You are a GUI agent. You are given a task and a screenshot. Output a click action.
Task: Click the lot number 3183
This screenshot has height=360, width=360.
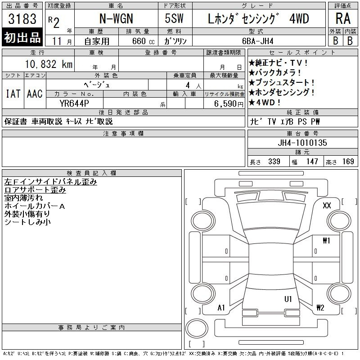pos(22,19)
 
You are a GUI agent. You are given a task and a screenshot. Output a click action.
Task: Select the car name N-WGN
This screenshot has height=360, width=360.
pos(116,18)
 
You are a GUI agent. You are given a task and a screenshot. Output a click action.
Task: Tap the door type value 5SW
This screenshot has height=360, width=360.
pos(174,18)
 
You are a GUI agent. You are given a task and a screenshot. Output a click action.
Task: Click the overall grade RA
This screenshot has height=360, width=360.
pos(343,18)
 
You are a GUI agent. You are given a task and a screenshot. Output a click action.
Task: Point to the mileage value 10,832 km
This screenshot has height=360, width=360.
pos(49,64)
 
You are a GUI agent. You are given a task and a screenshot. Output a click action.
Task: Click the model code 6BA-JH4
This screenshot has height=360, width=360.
pos(257,41)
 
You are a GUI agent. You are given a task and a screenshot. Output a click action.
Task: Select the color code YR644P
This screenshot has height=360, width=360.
pos(74,103)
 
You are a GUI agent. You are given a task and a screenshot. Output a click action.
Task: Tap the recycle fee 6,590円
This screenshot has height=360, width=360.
pos(229,104)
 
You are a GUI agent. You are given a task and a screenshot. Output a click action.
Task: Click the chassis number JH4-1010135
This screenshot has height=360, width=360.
pos(302,143)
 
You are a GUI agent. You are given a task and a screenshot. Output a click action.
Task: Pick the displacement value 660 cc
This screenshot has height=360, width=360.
pos(144,41)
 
